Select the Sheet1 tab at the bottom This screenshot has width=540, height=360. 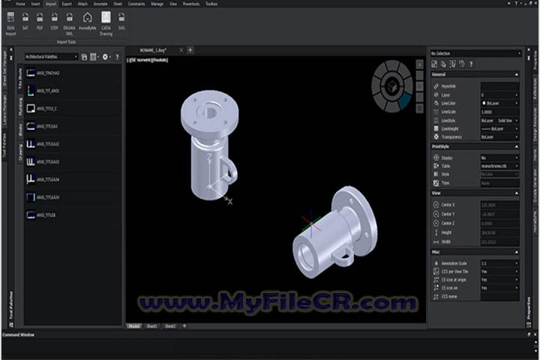(152, 326)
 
